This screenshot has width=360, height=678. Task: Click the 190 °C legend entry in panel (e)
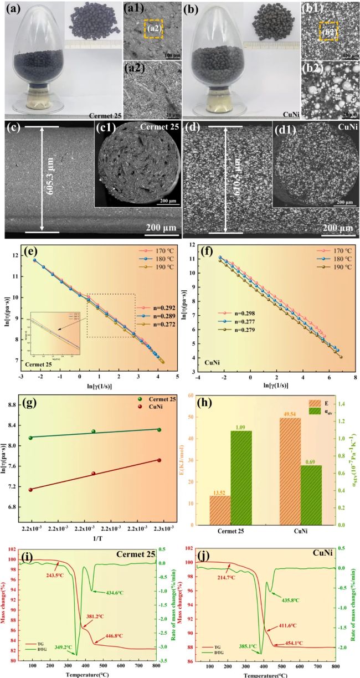(x=159, y=268)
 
